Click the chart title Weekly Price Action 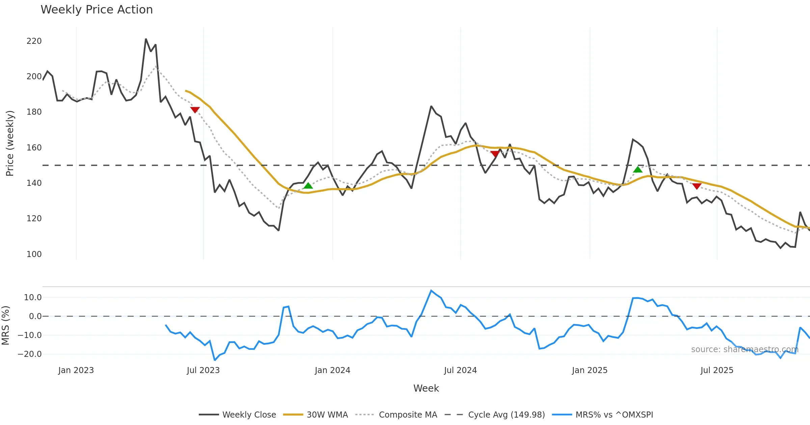[97, 10]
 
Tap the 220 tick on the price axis [34, 41]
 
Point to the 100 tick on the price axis [34, 254]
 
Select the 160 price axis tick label [34, 148]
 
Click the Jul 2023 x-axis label [203, 370]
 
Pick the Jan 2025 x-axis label [590, 370]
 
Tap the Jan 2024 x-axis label [332, 370]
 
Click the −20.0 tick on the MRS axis [30, 354]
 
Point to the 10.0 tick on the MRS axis [33, 297]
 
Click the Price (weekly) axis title [10, 143]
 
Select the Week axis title [426, 389]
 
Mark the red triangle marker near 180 [195, 110]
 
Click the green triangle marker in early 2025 [638, 169]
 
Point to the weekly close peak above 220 [146, 39]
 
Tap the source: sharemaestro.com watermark [745, 349]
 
